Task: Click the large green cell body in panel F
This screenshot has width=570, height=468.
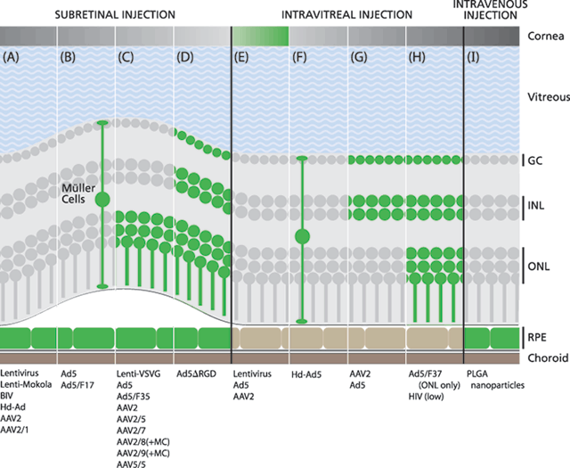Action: (302, 237)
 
